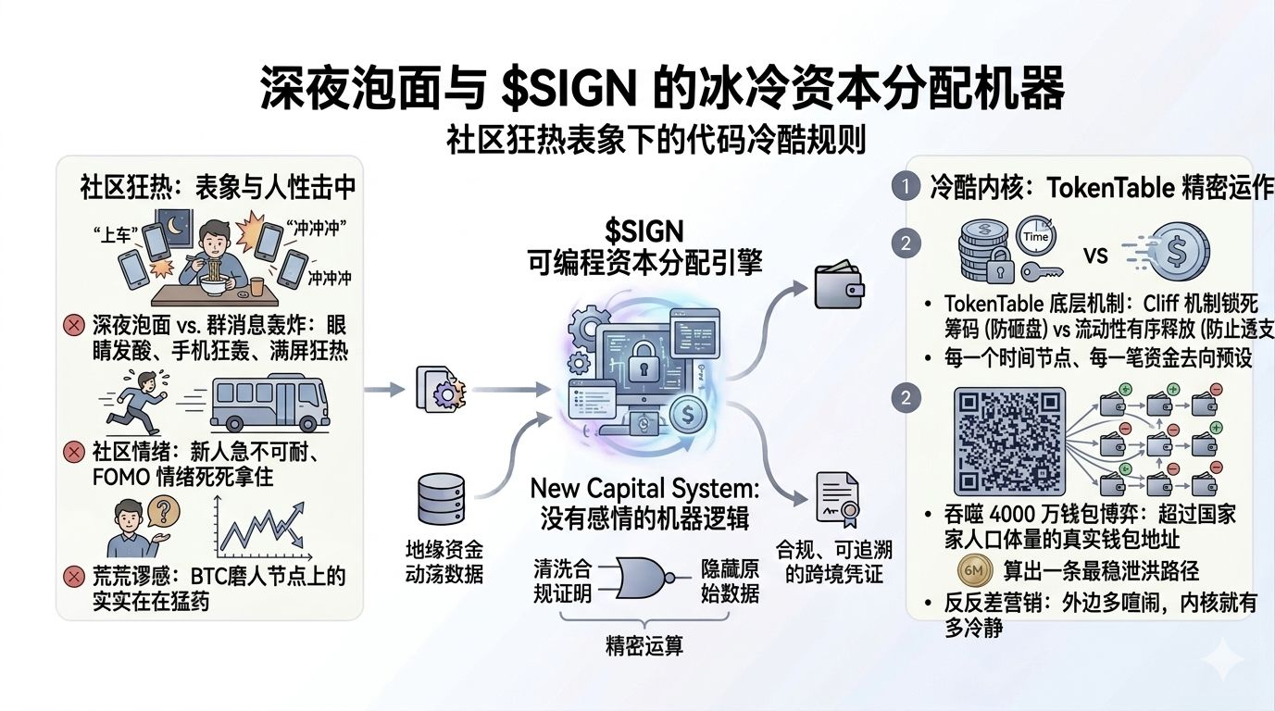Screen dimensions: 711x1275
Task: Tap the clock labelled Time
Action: (x=1036, y=236)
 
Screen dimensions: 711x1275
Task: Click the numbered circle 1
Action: (x=905, y=188)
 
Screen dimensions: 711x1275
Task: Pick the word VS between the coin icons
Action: (x=1096, y=255)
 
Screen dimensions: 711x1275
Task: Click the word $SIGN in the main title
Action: (x=566, y=90)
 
